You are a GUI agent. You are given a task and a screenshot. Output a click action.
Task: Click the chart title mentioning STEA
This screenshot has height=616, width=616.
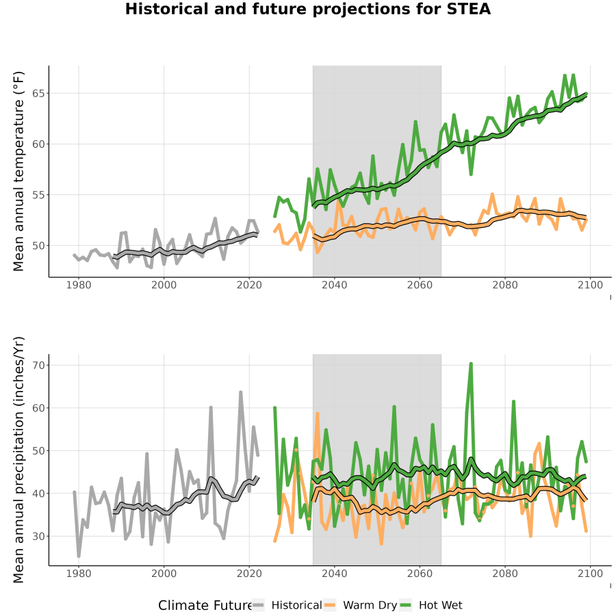pyautogui.click(x=308, y=10)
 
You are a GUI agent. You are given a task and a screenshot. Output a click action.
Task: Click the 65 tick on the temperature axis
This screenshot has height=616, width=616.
pyautogui.click(x=38, y=94)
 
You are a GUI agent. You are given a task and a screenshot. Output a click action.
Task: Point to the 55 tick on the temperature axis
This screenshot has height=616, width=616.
pyautogui.click(x=38, y=195)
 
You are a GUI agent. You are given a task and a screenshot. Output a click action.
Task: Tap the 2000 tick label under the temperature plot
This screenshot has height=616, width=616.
pyautogui.click(x=164, y=285)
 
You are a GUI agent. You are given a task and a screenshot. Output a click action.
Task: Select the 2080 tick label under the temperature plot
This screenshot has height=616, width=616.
pyautogui.click(x=505, y=285)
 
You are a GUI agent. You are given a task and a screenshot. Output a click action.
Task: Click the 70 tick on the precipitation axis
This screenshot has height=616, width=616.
pyautogui.click(x=38, y=365)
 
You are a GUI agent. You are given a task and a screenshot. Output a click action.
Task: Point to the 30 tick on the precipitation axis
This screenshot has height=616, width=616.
pyautogui.click(x=38, y=536)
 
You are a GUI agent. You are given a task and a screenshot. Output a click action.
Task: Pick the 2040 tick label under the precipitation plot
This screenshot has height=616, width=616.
pyautogui.click(x=334, y=574)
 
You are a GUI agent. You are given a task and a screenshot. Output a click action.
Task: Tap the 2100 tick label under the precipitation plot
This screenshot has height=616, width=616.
pyautogui.click(x=590, y=574)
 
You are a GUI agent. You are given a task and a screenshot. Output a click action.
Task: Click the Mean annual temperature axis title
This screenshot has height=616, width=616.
pyautogui.click(x=18, y=171)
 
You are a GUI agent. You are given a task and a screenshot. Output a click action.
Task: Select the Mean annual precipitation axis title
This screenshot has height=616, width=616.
pyautogui.click(x=18, y=460)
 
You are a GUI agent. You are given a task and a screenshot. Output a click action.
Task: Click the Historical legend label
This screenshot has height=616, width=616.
pyautogui.click(x=296, y=605)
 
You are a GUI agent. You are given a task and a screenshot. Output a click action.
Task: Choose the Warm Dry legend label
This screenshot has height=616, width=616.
pyautogui.click(x=370, y=605)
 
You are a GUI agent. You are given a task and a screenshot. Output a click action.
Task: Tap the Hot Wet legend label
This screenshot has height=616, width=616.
pyautogui.click(x=440, y=605)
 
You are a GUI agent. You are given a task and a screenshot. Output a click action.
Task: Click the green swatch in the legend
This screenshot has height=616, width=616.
pyautogui.click(x=405, y=605)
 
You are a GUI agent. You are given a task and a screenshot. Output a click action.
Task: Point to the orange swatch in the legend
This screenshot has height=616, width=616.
pyautogui.click(x=330, y=605)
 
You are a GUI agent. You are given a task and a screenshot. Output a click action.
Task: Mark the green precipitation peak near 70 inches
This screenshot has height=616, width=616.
pyautogui.click(x=471, y=364)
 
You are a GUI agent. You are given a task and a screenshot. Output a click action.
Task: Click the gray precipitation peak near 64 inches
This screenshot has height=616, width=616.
pyautogui.click(x=241, y=392)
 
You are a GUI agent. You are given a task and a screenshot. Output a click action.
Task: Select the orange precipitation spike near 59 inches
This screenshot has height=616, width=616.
pyautogui.click(x=318, y=413)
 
